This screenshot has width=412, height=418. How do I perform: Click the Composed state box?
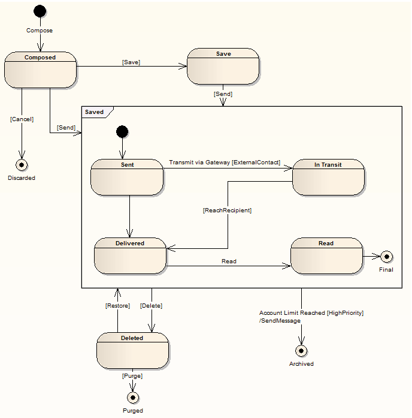tap(41, 70)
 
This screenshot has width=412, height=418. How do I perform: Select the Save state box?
tap(223, 67)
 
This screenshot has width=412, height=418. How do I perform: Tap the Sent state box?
tap(127, 178)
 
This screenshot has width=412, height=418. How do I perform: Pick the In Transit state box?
tap(328, 178)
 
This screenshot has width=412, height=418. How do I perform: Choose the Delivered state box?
tap(130, 256)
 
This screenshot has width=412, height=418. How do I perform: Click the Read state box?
tap(326, 256)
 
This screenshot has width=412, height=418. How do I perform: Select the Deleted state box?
tap(132, 351)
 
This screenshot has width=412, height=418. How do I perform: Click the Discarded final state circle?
tap(22, 165)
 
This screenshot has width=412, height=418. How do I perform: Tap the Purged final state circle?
tap(133, 398)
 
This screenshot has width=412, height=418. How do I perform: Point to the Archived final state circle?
tap(301, 351)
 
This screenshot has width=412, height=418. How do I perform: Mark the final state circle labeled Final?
tap(386, 257)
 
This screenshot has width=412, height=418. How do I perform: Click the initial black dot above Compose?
tap(40, 11)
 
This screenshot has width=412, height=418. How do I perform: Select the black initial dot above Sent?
tap(122, 132)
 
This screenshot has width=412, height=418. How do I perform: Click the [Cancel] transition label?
tap(22, 119)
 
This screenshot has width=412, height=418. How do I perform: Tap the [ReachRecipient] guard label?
tap(228, 210)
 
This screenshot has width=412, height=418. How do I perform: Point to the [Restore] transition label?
tap(117, 305)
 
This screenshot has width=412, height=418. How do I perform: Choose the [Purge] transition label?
tap(132, 376)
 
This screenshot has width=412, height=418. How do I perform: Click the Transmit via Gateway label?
tap(199, 163)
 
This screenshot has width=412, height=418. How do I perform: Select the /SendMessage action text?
tap(280, 321)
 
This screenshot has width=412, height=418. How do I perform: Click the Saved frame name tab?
tap(94, 112)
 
